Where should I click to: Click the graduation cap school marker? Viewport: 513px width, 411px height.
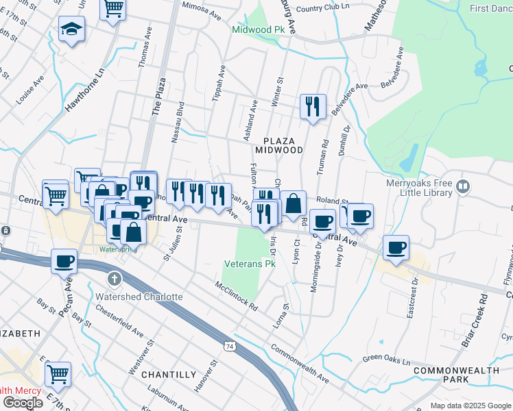tap(71, 29)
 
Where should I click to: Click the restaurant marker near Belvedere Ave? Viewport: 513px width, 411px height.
tap(313, 107)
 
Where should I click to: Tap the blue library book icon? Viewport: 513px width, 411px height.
tap(464, 186)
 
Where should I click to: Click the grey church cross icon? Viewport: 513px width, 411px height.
tap(115, 279)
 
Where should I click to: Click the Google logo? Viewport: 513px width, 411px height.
tap(23, 402)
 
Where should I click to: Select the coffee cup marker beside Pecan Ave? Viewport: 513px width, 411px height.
tap(64, 260)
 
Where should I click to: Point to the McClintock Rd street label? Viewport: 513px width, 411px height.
tap(235, 295)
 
